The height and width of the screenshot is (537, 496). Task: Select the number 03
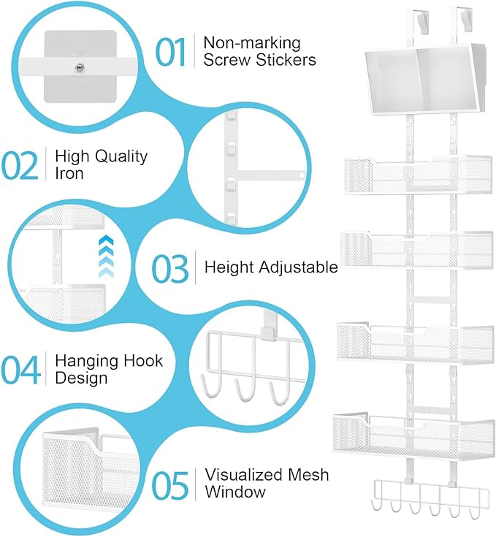point(169,267)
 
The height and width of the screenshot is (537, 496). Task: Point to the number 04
point(19,369)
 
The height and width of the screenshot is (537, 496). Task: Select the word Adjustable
point(301,267)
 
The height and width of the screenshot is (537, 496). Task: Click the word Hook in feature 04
point(139,360)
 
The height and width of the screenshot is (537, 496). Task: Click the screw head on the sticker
point(79,66)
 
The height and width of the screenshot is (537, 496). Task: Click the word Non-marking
point(251,42)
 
